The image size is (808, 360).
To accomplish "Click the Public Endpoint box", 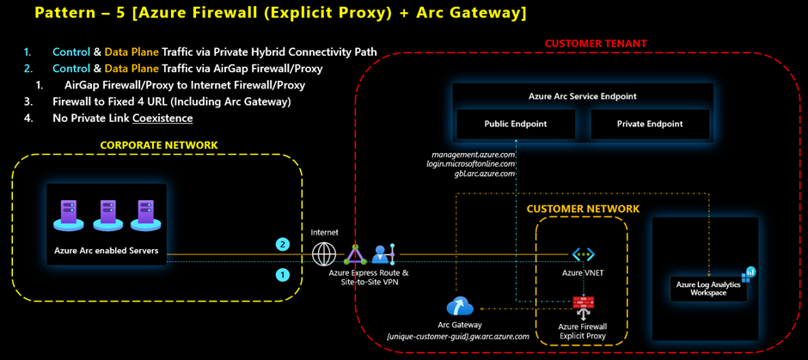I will (516, 124).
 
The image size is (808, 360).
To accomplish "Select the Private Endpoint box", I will (650, 124).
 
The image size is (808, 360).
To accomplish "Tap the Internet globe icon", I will (325, 254).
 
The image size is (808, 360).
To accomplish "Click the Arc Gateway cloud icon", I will (459, 307).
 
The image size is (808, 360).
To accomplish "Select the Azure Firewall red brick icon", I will (584, 302).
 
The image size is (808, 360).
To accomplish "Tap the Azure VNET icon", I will (584, 254).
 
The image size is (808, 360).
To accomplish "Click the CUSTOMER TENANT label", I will (596, 43).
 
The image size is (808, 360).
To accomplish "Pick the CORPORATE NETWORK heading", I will (159, 145).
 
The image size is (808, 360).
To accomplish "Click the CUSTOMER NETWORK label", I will (583, 209).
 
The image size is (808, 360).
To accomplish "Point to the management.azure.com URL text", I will (474, 155).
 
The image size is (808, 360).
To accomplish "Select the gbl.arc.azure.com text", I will (485, 173).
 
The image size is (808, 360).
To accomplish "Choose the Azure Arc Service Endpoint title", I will (582, 96).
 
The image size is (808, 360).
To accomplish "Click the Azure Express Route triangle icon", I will (355, 254).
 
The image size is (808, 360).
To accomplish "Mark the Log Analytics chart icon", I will (749, 272).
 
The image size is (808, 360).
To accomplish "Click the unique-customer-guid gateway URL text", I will (459, 336).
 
